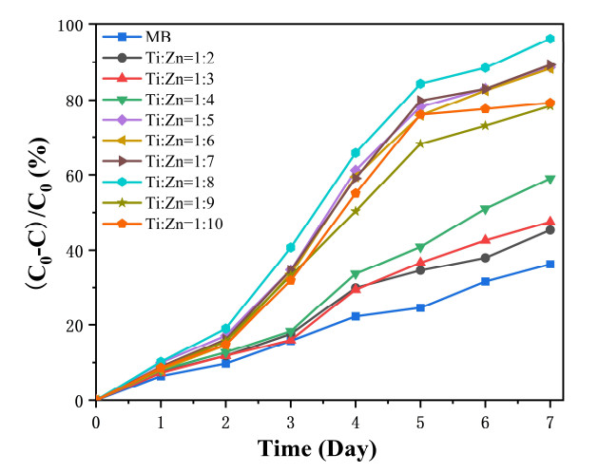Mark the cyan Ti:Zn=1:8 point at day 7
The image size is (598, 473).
[550, 39]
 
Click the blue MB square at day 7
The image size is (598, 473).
[550, 264]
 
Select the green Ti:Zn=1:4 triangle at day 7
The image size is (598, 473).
[550, 180]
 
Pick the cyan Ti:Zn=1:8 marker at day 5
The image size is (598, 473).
[421, 84]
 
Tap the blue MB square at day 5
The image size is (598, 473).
[421, 308]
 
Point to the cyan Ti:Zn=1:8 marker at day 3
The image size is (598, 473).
[291, 247]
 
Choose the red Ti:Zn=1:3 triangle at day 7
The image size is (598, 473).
[550, 222]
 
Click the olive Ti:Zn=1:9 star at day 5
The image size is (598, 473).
[421, 144]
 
